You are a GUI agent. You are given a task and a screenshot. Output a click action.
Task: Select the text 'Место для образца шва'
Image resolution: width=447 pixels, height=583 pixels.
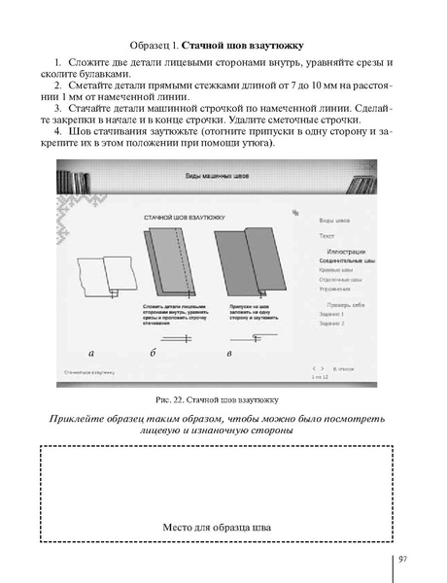pos(216,528)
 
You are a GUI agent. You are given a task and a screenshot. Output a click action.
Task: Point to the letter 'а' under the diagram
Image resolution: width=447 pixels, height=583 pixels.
pos(90,351)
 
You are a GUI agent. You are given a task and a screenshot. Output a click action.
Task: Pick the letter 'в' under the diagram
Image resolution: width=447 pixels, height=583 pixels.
pos(228,351)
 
